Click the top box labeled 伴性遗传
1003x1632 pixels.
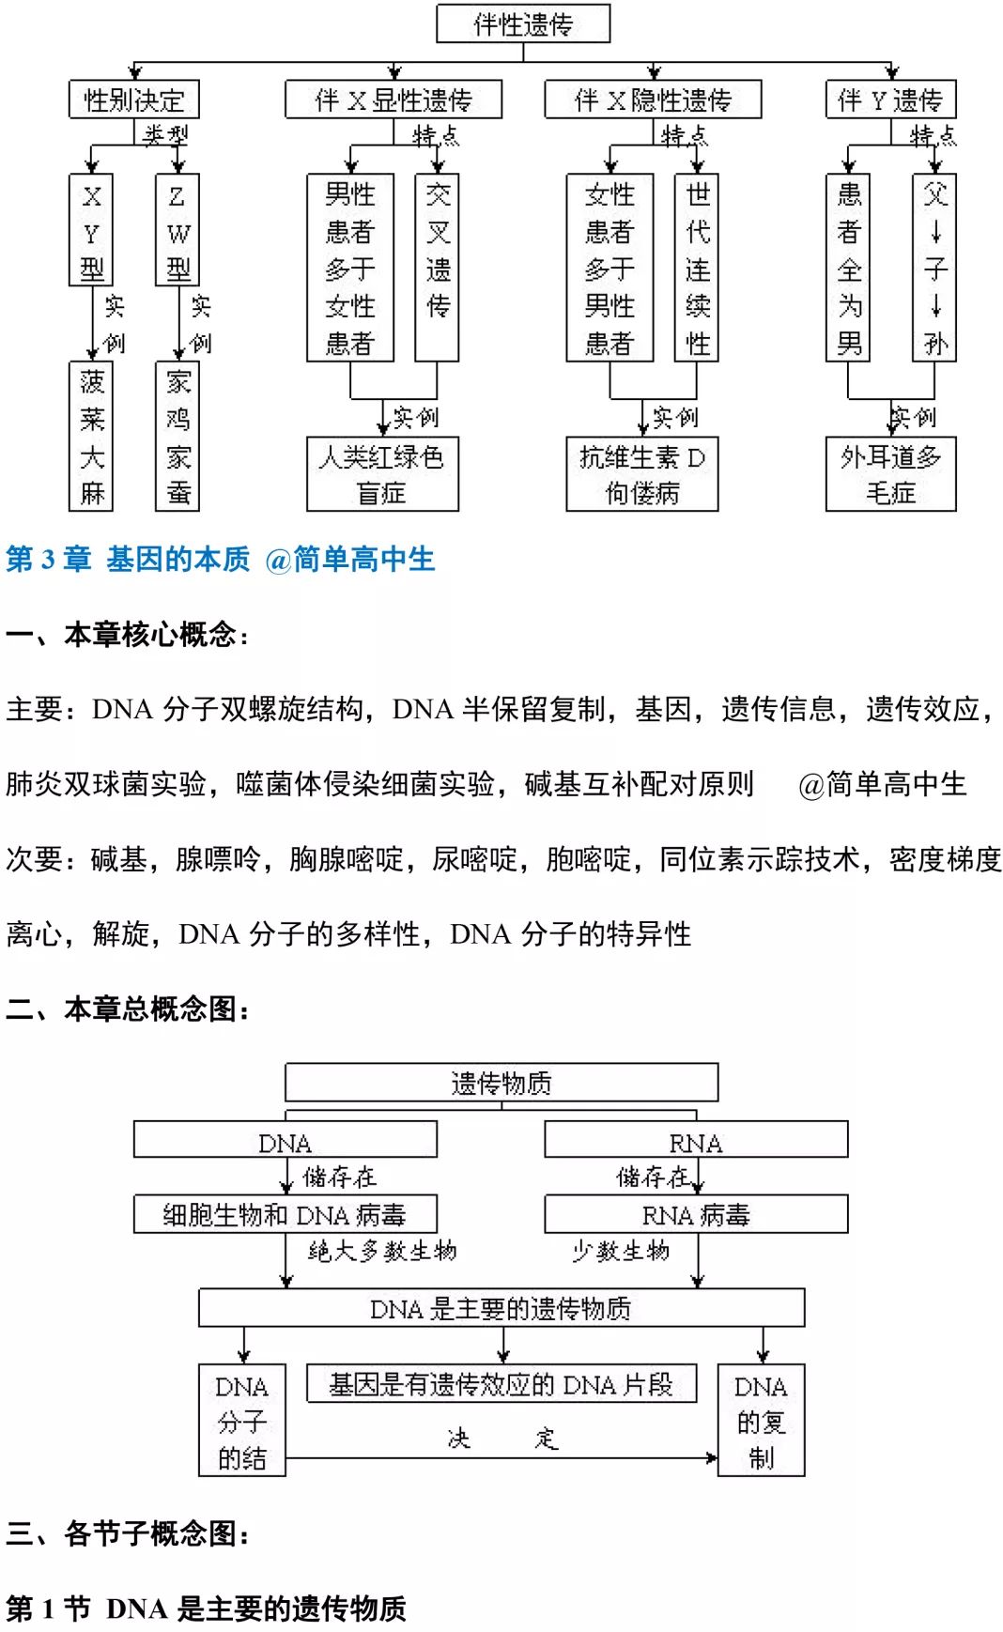coord(523,23)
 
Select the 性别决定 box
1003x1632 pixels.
coord(133,100)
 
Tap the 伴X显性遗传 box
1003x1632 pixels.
coord(393,100)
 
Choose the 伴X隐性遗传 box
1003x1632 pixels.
coord(653,100)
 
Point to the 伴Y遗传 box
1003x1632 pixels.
coord(890,100)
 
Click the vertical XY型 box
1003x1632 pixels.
coord(91,230)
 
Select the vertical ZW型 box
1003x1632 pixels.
coord(177,230)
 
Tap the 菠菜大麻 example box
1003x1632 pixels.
coord(91,437)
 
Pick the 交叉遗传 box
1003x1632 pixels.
coord(438,268)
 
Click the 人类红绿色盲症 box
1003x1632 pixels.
coord(382,474)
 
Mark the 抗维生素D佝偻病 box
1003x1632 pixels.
coord(641,474)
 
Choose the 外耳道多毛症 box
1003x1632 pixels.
coord(890,474)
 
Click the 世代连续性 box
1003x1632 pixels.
coord(697,268)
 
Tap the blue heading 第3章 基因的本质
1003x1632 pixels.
coord(221,560)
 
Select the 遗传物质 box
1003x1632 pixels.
coord(501,1083)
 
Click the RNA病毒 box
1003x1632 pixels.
coord(696,1214)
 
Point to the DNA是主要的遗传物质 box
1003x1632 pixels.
coord(501,1308)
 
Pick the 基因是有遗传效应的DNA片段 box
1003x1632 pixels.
coord(501,1384)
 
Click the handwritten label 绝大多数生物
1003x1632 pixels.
coord(383,1251)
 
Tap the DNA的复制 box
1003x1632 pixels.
coord(761,1420)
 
